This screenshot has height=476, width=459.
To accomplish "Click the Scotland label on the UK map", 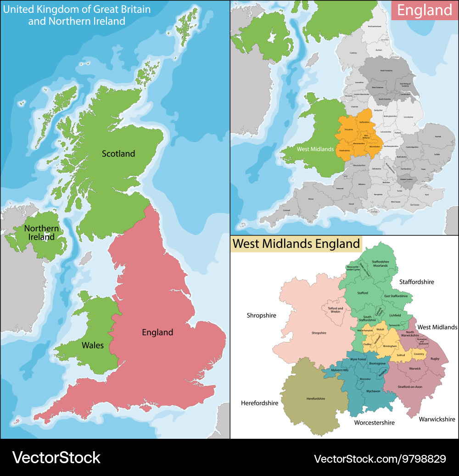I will point(118,154).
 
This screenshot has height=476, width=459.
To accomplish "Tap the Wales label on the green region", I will point(93,345).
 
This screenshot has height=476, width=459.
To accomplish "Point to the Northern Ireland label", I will point(41,232).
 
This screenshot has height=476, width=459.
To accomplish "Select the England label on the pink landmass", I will point(157,332).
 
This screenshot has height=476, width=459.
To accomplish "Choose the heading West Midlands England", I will point(296,243).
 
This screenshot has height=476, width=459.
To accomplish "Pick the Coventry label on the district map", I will point(419,354).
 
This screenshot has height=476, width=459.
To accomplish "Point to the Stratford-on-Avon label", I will point(409,386).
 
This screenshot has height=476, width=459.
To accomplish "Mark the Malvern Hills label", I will point(340,370).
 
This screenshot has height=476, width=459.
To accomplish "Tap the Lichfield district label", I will point(395,315).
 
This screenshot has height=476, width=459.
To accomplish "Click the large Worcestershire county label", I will point(374,422).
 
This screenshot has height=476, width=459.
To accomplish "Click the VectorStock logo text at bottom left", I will point(56,457).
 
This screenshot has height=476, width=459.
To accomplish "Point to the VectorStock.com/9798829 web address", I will point(380,458).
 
